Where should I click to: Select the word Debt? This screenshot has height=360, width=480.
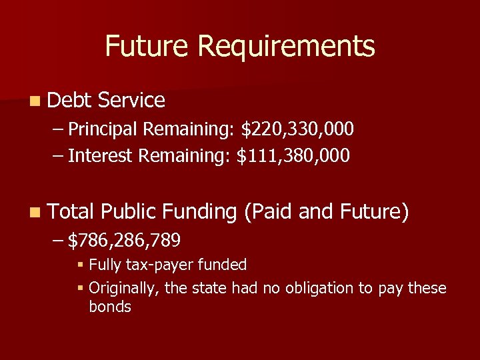(69, 101)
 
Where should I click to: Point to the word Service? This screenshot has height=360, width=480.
(131, 101)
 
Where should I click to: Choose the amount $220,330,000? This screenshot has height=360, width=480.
(297, 129)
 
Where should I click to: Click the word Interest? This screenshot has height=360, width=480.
(101, 156)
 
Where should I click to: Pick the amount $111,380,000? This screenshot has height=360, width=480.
(293, 156)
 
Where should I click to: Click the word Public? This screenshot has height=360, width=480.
(129, 213)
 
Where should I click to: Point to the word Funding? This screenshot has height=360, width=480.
(200, 213)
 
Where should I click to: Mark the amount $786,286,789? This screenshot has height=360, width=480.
(124, 239)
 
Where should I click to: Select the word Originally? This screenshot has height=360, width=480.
(121, 289)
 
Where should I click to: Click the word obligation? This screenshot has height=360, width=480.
(317, 289)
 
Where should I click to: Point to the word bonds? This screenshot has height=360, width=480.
(110, 307)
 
